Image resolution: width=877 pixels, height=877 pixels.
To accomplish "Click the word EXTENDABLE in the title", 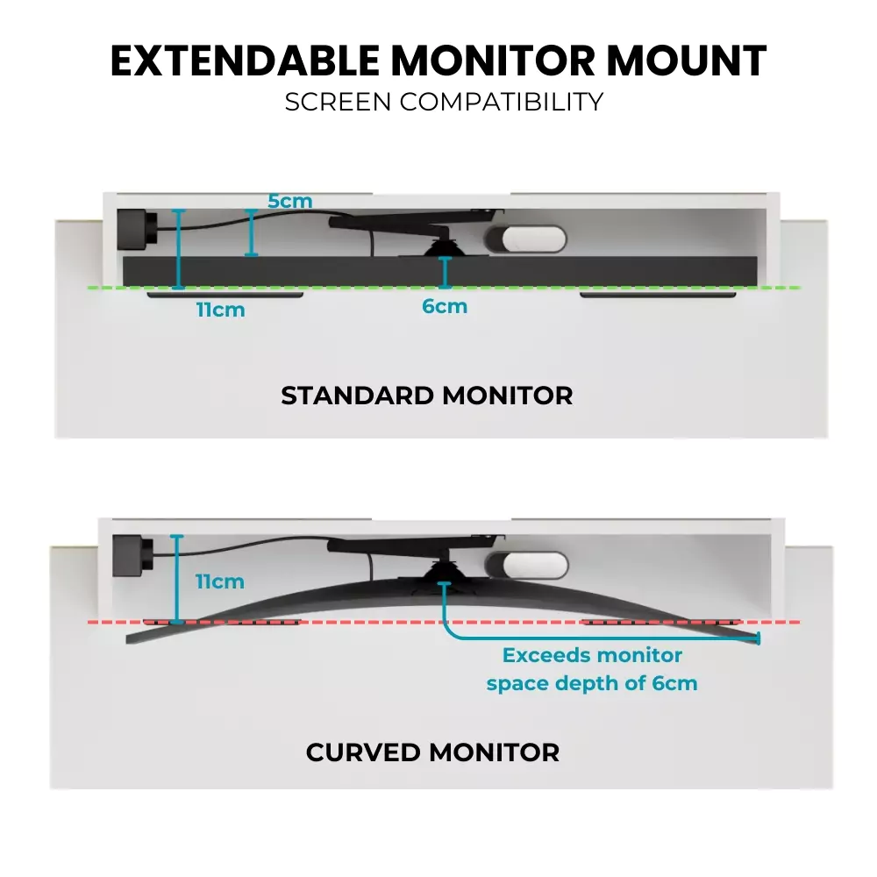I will pos(245,61).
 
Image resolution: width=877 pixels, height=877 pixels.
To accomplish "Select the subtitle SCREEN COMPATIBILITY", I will pos(444,102).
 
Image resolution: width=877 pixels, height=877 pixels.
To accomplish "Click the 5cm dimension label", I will pos(289,201).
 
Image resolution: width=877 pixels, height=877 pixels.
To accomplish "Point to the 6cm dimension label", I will pos(446,306).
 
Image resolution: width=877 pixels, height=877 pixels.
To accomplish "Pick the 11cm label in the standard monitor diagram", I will pos(221,309).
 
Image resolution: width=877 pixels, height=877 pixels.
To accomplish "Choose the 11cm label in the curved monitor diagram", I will pos(219,581).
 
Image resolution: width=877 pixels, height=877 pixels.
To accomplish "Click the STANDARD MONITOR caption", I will pos(426,396).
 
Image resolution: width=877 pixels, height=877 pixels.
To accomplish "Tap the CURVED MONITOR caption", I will pos(432,752).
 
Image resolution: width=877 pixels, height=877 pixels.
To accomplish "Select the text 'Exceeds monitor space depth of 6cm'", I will pos(592,669).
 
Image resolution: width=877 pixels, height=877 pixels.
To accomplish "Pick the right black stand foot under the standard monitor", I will pos(658,295).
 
